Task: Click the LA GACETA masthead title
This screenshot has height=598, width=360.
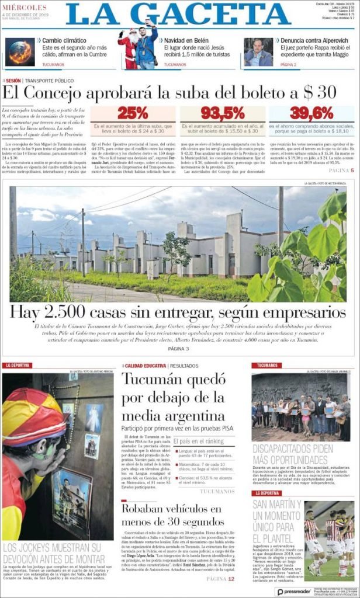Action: click(178, 14)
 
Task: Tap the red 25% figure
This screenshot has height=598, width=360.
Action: click(132, 113)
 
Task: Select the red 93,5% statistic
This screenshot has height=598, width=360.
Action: click(223, 113)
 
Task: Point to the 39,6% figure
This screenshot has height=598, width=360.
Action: click(311, 113)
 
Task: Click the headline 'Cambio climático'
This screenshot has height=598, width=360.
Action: click(65, 41)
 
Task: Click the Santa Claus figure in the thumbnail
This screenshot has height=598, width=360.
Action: click(128, 50)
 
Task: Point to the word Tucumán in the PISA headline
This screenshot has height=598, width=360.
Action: click(153, 380)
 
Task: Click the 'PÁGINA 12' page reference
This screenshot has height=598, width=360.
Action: click(221, 579)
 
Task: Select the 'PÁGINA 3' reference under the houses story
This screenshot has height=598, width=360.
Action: click(178, 349)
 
